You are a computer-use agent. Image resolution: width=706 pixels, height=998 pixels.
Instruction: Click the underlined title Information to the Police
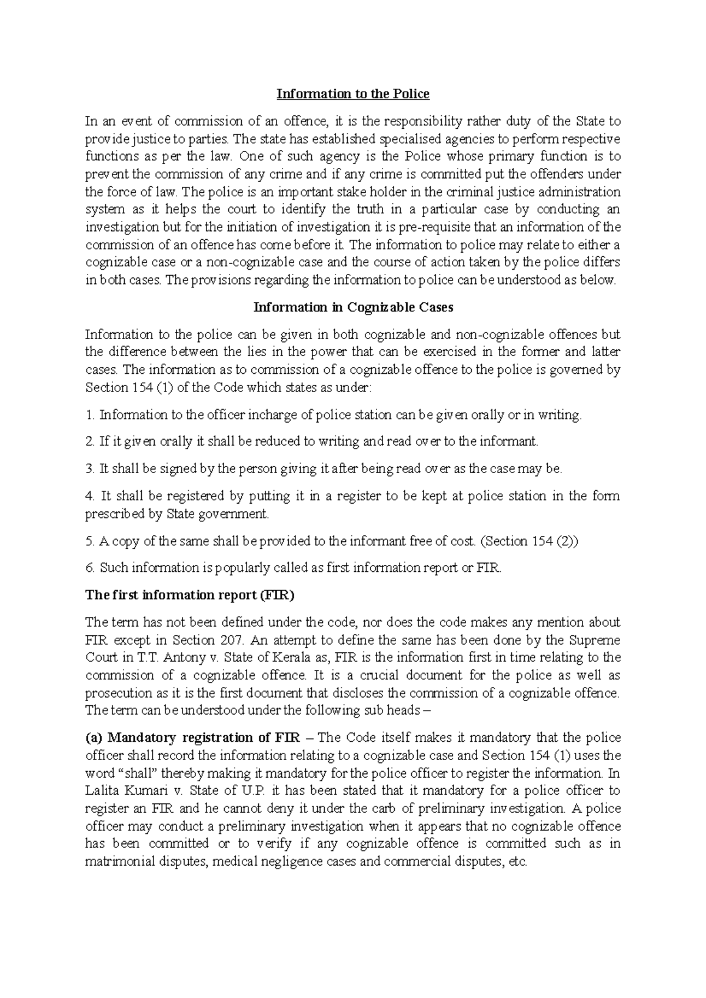tap(353, 94)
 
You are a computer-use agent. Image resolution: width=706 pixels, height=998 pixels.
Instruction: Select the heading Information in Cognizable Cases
tap(353, 307)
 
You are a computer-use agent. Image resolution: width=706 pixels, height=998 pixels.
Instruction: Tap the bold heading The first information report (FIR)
tap(189, 595)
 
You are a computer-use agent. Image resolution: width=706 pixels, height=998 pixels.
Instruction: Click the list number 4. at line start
tap(89, 496)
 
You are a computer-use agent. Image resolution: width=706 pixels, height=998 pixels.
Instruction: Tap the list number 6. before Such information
tap(89, 568)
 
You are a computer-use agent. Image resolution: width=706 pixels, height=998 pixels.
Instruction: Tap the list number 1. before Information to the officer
tap(89, 415)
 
